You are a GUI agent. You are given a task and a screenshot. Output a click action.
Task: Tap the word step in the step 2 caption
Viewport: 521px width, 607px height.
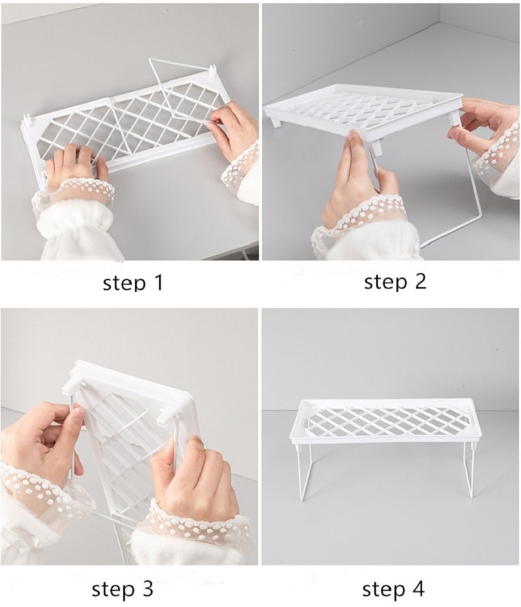382,281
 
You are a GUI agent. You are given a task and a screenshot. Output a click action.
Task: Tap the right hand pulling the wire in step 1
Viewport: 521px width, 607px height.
233,127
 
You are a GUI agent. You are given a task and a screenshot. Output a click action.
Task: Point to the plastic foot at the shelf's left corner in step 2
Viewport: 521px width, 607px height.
276,120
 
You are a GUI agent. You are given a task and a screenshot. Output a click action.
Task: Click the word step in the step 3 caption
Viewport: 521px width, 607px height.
111,589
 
